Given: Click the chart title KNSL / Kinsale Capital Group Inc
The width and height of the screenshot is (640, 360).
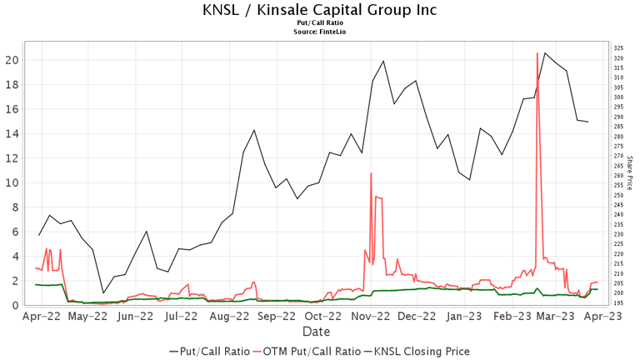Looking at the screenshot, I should (x=320, y=10).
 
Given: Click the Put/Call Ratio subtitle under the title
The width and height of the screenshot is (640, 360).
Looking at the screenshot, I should (x=320, y=23).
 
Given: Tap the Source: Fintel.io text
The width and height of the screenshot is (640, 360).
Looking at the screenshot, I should (x=320, y=32).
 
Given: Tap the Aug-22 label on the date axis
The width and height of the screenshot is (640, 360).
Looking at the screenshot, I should (x=230, y=317).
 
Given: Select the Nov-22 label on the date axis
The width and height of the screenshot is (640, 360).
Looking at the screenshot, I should (x=371, y=317).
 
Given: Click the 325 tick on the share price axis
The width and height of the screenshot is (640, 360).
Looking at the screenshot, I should (x=618, y=49).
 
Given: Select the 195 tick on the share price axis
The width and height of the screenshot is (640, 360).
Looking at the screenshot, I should (x=618, y=302).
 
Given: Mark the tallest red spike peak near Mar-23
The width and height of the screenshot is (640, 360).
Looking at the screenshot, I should (x=537, y=53).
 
